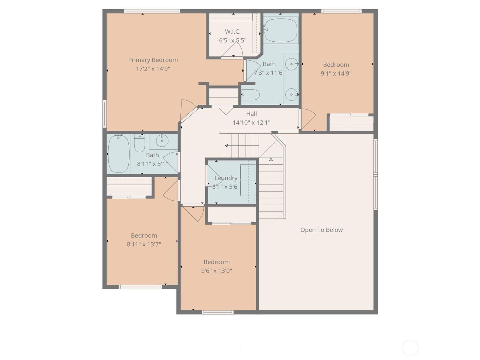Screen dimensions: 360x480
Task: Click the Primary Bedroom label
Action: pos(153,60)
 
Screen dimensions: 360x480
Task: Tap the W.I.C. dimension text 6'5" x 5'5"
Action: pos(233,40)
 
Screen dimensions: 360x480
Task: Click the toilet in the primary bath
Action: pos(251,95)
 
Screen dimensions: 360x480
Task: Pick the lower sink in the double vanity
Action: pos(291,94)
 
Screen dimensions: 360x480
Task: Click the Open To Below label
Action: pos(321,230)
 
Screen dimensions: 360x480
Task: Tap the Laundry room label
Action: pos(226,178)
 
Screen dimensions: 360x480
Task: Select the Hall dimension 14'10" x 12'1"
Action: pos(251,122)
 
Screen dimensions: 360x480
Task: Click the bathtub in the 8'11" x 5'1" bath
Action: pos(119,154)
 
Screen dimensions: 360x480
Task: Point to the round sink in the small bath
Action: pos(162,140)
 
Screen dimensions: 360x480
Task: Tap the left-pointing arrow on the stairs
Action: pos(227,146)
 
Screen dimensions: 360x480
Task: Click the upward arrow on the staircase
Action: pos(271,160)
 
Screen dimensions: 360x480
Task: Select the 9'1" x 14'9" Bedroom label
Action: pos(336,65)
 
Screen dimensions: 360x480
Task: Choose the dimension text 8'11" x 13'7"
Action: pos(144,244)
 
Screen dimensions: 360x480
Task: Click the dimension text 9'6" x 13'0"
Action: pos(216,271)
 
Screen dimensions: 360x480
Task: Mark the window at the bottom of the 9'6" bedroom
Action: pos(218,312)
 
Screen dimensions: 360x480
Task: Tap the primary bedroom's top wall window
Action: pos(152,11)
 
